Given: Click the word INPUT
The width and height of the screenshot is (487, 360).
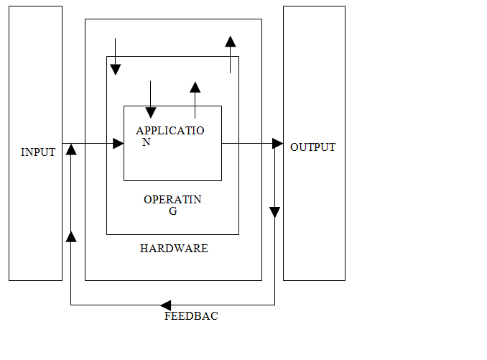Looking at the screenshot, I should click(x=38, y=152).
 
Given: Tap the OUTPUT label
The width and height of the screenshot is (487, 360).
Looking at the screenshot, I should click(x=312, y=147).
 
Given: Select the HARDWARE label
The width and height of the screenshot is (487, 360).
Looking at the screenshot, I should click(x=174, y=249).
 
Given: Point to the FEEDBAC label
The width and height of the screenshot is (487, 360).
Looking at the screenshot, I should click(x=191, y=316).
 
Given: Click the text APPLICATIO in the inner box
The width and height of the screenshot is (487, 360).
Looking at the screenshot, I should click(x=170, y=131).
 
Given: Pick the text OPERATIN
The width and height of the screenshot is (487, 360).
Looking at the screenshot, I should click(x=172, y=200).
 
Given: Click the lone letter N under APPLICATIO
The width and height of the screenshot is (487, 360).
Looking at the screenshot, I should click(x=146, y=142).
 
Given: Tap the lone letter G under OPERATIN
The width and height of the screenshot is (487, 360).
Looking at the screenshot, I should click(x=172, y=211).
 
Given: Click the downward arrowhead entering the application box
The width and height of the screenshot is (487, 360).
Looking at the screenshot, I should click(x=150, y=112).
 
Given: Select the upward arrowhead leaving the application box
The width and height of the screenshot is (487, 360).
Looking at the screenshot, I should click(x=195, y=88).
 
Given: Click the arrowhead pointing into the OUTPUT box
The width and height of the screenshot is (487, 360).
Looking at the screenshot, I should click(x=278, y=144).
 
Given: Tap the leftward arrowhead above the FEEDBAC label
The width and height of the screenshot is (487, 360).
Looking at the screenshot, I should click(x=165, y=305).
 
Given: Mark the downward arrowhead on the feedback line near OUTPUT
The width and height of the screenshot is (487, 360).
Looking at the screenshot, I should click(x=274, y=212).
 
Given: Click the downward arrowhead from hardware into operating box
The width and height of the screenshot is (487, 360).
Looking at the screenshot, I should click(x=115, y=69).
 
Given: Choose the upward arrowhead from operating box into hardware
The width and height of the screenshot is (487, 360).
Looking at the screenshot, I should click(x=230, y=42).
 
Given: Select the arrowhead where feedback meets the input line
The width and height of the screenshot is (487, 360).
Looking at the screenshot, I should click(x=70, y=149).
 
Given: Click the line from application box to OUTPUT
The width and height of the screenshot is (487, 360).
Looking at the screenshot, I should click(x=248, y=144).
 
